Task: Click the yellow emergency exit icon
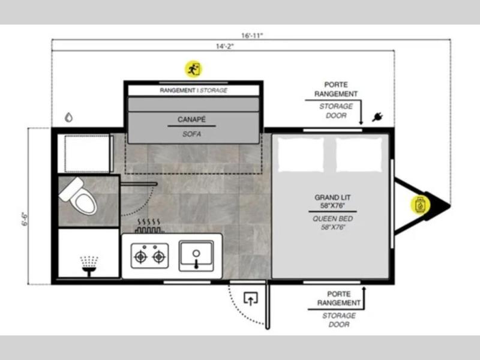[193, 69]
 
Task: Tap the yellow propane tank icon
[420, 205]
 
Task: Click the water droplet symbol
[68, 117]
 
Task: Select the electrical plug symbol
[378, 116]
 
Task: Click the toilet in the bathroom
[78, 196]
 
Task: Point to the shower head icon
[89, 266]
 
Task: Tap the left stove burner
[140, 257]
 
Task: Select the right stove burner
[159, 257]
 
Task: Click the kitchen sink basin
[196, 256]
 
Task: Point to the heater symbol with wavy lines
[149, 226]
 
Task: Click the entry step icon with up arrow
[251, 299]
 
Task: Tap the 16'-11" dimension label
[252, 35]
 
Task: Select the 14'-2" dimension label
[224, 46]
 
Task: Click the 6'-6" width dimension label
[25, 218]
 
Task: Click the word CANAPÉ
[191, 119]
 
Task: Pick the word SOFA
[191, 134]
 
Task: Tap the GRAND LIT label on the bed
[332, 197]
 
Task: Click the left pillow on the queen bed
[301, 154]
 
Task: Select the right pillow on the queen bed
[359, 154]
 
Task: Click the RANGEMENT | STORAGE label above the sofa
[193, 91]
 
